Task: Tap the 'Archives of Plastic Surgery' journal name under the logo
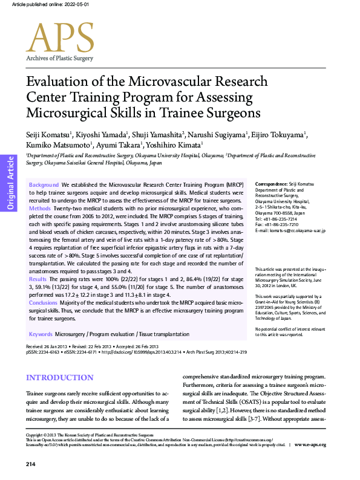click(x=59, y=58)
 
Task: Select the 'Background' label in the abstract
click(x=44, y=184)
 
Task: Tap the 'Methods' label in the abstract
click(x=40, y=208)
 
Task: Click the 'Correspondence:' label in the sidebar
click(x=270, y=184)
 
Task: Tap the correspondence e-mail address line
click(x=290, y=231)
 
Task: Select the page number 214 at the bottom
click(x=31, y=464)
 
